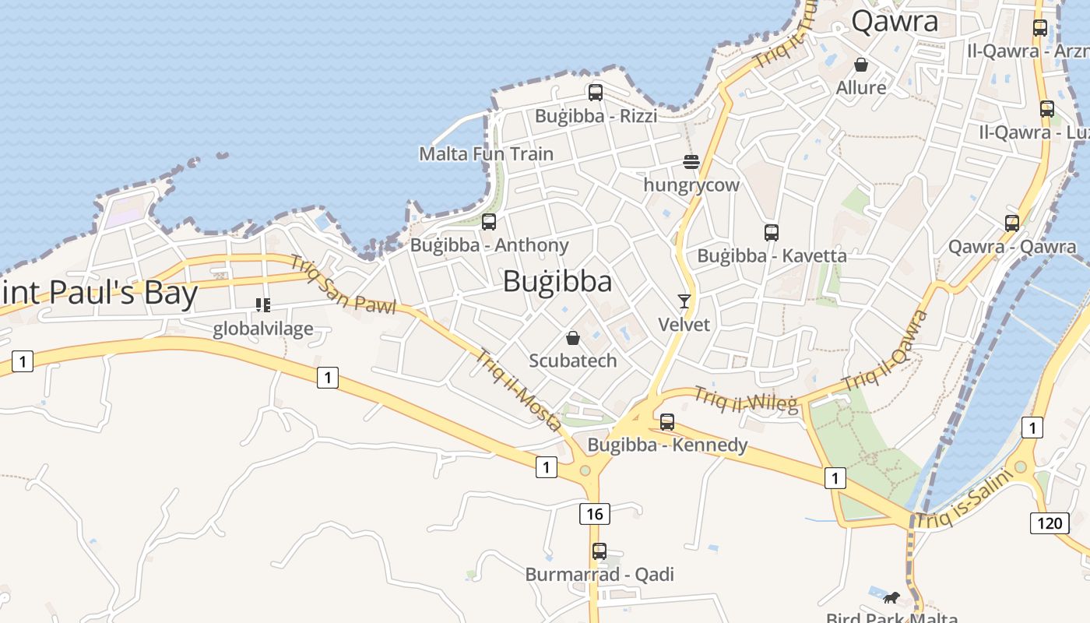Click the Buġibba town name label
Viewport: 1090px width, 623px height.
coord(557,281)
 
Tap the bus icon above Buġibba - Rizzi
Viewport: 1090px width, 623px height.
coord(596,93)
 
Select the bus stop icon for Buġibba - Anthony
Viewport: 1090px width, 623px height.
coord(489,222)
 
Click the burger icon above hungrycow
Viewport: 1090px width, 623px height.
coord(691,162)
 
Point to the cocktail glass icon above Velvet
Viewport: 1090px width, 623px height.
coord(684,301)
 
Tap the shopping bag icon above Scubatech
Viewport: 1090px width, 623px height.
coord(573,338)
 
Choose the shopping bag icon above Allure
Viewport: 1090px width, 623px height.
coord(861,65)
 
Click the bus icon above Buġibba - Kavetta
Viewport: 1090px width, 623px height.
coord(772,232)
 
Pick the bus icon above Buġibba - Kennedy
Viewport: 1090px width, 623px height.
coord(667,422)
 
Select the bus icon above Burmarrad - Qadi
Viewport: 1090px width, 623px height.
coord(599,551)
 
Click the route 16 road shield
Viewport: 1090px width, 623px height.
coord(594,514)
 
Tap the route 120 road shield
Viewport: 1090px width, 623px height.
coord(1050,523)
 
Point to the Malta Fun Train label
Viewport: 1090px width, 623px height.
coord(487,154)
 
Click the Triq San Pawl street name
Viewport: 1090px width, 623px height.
coord(343,284)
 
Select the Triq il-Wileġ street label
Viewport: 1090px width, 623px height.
coord(746,398)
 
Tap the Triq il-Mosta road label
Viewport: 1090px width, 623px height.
coord(519,389)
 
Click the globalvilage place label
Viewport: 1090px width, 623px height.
coord(263,329)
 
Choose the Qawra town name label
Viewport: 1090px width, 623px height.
coord(895,22)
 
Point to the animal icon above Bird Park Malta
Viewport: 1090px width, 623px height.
coord(891,598)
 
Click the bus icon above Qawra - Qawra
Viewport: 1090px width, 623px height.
coord(1012,224)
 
